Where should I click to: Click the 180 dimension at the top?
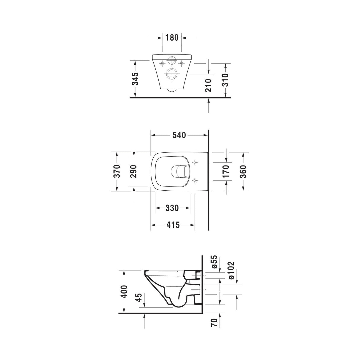(x=172, y=38)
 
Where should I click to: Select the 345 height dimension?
(x=135, y=79)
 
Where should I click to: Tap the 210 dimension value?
(x=209, y=85)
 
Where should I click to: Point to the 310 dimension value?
(x=226, y=80)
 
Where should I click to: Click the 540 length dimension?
(x=179, y=135)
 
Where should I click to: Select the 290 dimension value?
(x=134, y=171)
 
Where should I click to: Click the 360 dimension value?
(x=243, y=171)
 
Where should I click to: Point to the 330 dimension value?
(x=172, y=208)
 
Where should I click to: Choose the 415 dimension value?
(x=173, y=225)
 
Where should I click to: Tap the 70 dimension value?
(x=215, y=322)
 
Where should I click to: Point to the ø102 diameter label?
(x=232, y=270)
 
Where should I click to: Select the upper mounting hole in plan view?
(x=195, y=163)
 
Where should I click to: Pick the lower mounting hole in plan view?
(x=195, y=180)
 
